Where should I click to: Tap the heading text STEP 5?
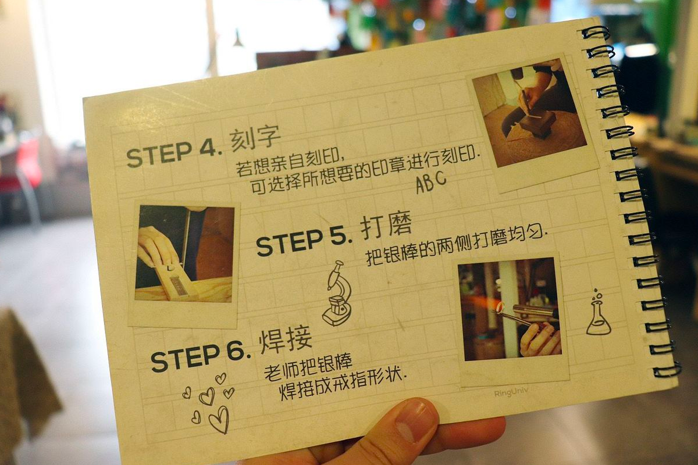(304, 242)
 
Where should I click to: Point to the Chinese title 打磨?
(386, 224)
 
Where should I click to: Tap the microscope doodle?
(338, 294)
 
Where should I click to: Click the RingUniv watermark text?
(511, 392)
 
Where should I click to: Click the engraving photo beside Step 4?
(529, 113)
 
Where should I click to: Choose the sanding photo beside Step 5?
(184, 253)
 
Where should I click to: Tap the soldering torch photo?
(510, 309)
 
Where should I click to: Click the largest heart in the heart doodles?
(220, 419)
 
